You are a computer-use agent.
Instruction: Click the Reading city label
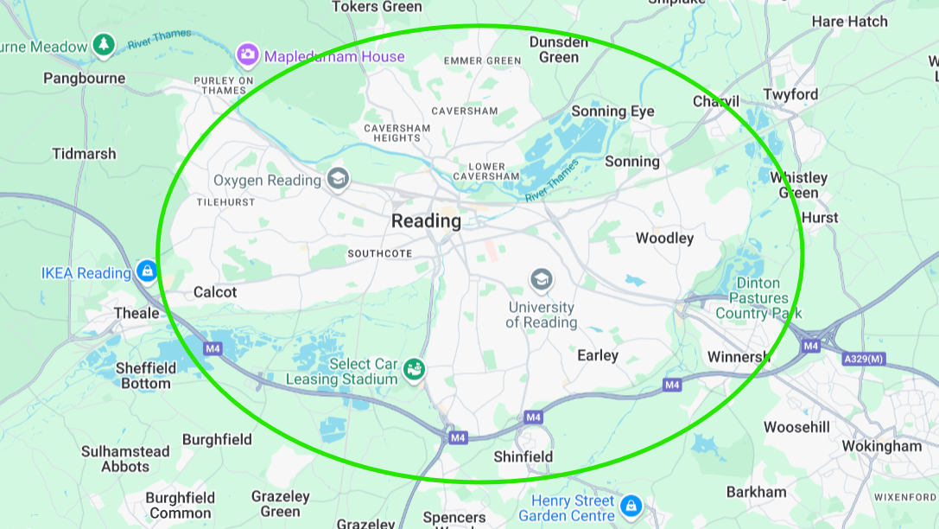pyautogui.click(x=426, y=220)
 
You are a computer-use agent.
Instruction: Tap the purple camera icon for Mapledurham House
pyautogui.click(x=248, y=56)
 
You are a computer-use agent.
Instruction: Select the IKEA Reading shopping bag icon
pyautogui.click(x=147, y=272)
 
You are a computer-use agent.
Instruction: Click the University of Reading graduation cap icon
pyautogui.click(x=542, y=279)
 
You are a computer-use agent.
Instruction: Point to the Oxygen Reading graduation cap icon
pyautogui.click(x=338, y=179)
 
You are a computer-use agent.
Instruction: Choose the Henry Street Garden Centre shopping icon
pyautogui.click(x=631, y=505)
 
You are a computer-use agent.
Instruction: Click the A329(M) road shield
pyautogui.click(x=864, y=359)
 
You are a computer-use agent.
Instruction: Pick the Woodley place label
pyautogui.click(x=664, y=238)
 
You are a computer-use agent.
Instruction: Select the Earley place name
pyautogui.click(x=598, y=355)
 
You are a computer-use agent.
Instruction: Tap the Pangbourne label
pyautogui.click(x=84, y=78)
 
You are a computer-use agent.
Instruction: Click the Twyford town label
pyautogui.click(x=790, y=94)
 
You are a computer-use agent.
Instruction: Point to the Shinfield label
pyautogui.click(x=523, y=456)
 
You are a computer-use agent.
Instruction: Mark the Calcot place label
pyautogui.click(x=215, y=292)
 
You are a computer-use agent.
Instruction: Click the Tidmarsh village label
pyautogui.click(x=84, y=154)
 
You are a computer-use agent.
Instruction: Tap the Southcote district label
pyautogui.click(x=379, y=253)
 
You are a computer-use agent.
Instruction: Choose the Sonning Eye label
pyautogui.click(x=613, y=112)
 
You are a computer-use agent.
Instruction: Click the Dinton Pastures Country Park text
pyautogui.click(x=758, y=298)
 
